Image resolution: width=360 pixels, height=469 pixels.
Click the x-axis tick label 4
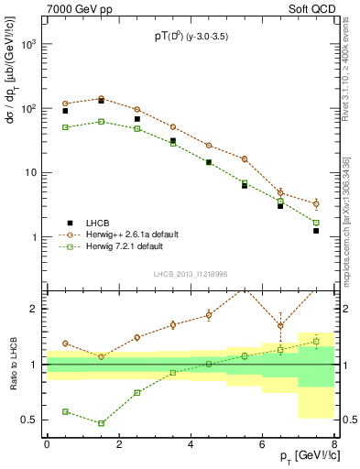point(190,444)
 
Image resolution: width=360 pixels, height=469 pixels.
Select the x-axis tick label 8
point(334,444)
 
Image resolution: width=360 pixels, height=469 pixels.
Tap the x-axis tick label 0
point(47,444)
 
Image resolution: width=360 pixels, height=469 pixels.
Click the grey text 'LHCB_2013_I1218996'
point(190,274)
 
